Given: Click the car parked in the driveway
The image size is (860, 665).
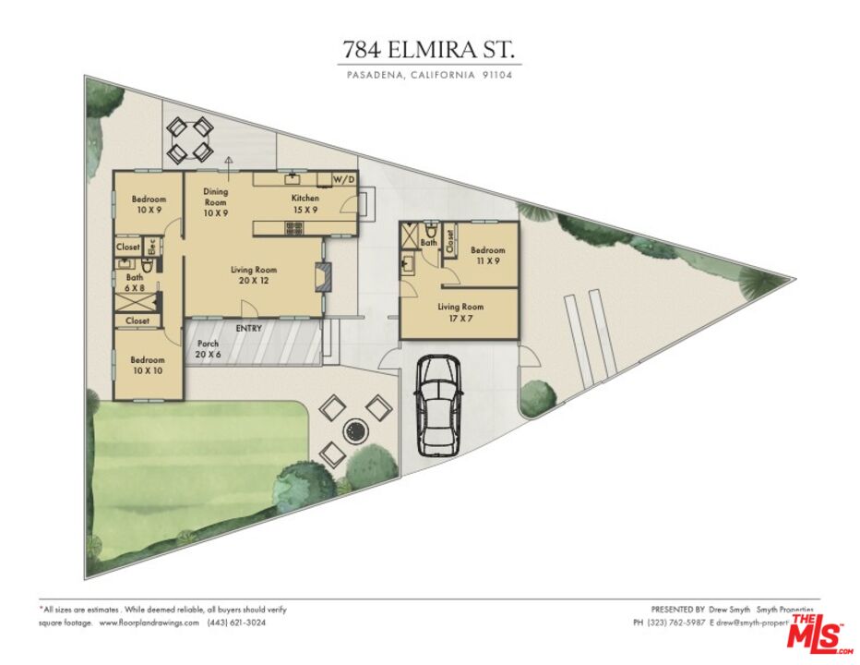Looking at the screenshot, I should pos(437,405).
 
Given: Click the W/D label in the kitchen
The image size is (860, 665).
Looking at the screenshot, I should pos(343,178).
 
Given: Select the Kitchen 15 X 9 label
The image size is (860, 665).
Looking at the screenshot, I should pos(305,204).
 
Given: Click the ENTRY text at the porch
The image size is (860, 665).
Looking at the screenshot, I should pos(248,329).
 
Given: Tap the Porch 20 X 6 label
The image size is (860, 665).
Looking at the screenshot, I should pos(208,349).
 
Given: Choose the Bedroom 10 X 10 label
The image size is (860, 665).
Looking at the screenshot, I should pos(148,365).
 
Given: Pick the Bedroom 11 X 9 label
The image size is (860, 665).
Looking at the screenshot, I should pos(488,256).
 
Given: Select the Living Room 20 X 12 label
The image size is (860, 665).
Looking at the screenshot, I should pos(254,275).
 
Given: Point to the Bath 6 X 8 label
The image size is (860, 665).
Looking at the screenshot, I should pos(136,282).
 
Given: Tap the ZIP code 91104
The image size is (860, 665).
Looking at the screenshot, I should pos(496,76).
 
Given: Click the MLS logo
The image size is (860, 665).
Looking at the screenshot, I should pos(818,636).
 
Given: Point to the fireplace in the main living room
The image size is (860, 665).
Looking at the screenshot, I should pos(320,277).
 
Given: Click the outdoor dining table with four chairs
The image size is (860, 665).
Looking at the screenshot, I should pos(190,139).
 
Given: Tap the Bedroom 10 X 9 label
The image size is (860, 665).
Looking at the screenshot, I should pos(148,205).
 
